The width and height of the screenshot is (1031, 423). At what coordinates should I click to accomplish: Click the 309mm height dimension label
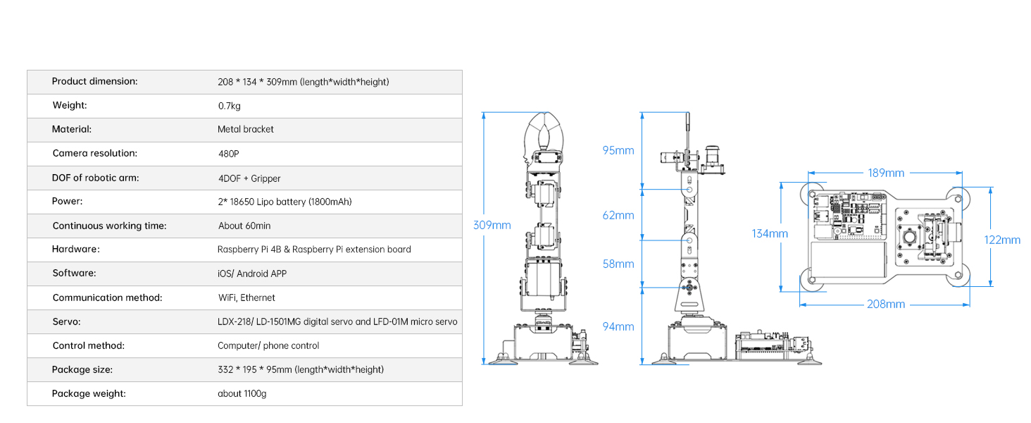492,225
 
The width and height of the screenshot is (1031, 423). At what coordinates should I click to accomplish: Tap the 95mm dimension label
618,150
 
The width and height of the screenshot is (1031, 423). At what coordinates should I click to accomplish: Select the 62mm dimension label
618,215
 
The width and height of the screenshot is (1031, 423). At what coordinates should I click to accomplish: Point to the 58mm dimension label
618,264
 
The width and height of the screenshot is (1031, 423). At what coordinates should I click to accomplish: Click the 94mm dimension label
618,326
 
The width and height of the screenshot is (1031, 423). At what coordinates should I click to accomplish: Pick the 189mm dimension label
885,173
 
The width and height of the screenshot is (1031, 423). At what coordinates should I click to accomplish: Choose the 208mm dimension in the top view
886,304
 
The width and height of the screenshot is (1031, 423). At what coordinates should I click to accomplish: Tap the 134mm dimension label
769,233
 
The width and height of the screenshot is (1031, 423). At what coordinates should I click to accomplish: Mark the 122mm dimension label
1002,240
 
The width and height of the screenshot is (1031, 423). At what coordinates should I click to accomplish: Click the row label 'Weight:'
70,106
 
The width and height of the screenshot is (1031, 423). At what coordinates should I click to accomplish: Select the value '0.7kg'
230,106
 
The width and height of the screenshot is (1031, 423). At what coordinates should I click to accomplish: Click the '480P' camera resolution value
229,154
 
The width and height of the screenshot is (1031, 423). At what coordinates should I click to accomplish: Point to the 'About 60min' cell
244,226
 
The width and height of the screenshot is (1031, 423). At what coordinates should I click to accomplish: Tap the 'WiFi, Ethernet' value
246,298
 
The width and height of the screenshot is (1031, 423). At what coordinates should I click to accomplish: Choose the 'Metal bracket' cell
246,130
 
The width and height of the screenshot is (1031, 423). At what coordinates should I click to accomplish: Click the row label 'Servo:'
66,321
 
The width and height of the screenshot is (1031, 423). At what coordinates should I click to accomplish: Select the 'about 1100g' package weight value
242,393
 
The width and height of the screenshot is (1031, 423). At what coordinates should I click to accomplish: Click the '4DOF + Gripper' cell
249,178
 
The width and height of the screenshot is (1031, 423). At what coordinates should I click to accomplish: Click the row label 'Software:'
74,273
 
